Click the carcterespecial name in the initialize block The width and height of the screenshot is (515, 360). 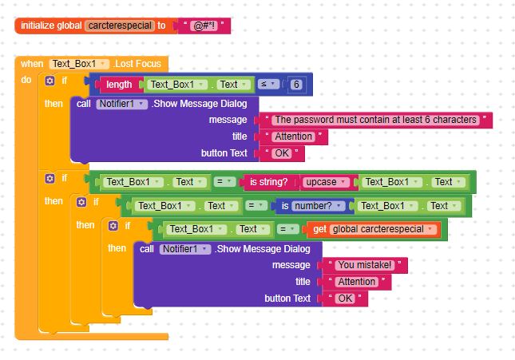pyautogui.click(x=119, y=26)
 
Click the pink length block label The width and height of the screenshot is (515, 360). pyautogui.click(x=119, y=84)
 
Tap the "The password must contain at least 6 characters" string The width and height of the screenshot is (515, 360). pyautogui.click(x=376, y=120)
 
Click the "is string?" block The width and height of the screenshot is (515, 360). pyautogui.click(x=269, y=182)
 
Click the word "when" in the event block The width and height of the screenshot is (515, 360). pyautogui.click(x=32, y=64)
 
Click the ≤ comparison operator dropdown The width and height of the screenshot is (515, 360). pyautogui.click(x=269, y=84)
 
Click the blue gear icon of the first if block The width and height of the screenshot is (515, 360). pyautogui.click(x=50, y=81)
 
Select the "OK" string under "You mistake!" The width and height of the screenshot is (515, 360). pyautogui.click(x=344, y=299)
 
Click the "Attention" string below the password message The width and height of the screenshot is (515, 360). pyautogui.click(x=294, y=136)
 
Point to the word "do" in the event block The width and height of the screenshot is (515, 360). pyautogui.click(x=26, y=81)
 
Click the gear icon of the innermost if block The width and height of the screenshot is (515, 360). pyautogui.click(x=113, y=227)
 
